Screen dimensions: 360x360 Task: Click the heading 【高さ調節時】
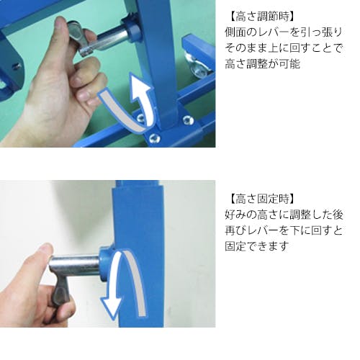[x=261, y=17]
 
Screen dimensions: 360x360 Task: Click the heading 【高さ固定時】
[x=261, y=199]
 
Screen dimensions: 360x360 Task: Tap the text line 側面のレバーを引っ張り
[x=283, y=32]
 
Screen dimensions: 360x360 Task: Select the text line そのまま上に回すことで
[x=283, y=48]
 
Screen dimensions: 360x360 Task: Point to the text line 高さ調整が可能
[x=262, y=64]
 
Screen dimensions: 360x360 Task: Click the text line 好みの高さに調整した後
[x=284, y=215]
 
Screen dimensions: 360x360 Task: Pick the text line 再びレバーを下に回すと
[x=283, y=230]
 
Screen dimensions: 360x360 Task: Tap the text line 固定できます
[x=256, y=246]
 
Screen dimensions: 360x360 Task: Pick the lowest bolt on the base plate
[x=153, y=138]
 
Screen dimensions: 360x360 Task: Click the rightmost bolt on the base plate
[x=188, y=120]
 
